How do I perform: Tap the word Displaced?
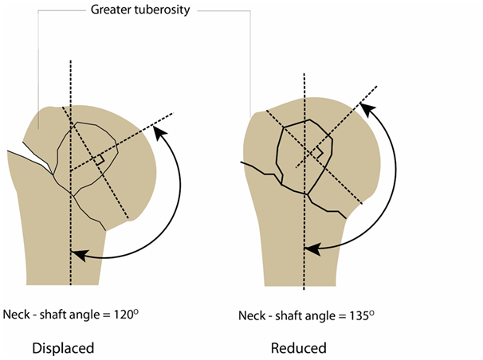point(63,348)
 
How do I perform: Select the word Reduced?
point(298,348)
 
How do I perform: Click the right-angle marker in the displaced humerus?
point(99,161)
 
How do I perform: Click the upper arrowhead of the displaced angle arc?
point(163,136)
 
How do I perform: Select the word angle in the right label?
point(316,316)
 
